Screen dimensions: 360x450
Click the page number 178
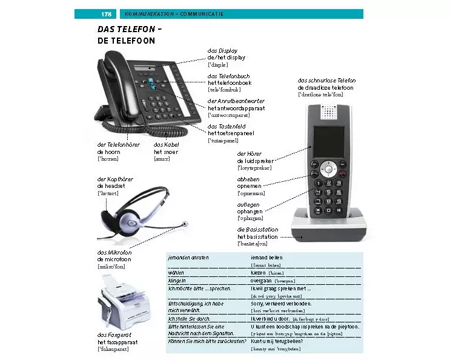106,14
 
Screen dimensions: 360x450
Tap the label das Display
222,51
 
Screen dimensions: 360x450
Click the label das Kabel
167,144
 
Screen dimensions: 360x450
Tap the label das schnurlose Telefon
326,81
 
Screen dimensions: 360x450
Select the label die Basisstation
257,230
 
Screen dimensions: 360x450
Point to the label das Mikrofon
114,252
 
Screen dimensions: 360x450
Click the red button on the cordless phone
342,174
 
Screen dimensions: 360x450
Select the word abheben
248,179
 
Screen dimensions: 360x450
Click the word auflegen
248,205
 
